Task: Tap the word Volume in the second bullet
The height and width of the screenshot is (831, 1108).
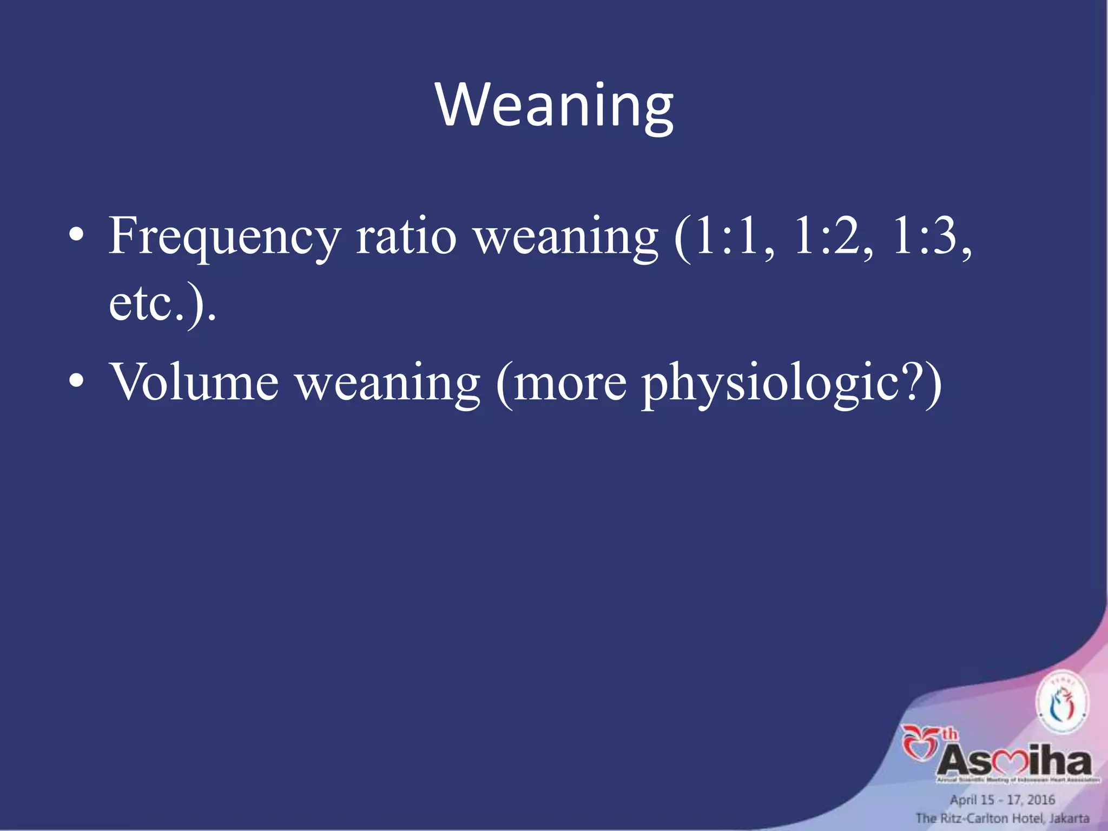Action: point(194,382)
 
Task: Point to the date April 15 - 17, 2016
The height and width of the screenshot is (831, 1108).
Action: point(1003,800)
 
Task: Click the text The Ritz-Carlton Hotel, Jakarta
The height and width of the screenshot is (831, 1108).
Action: point(1003,818)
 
